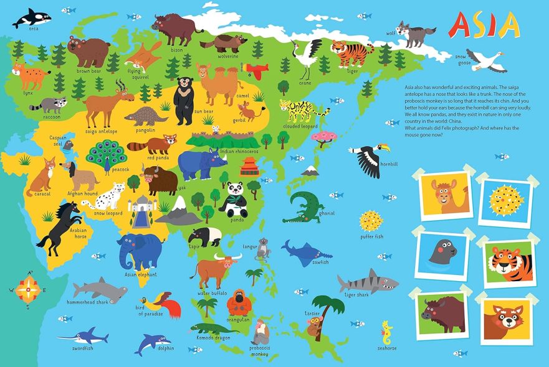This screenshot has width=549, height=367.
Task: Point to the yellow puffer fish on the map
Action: [x=371, y=221]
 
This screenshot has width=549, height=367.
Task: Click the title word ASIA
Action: [x=484, y=24]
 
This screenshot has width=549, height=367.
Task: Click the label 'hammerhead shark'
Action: [x=88, y=302]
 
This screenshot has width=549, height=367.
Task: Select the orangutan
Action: [x=238, y=303]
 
